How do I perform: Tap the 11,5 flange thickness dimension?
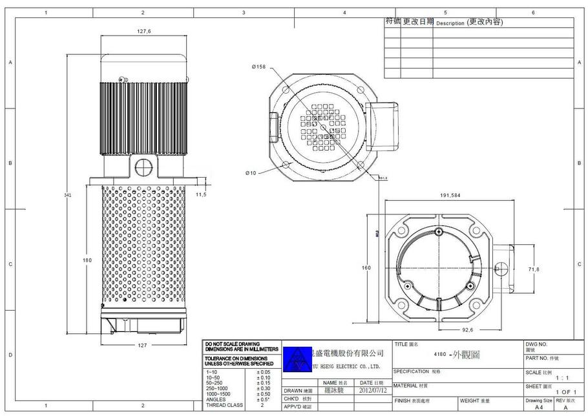(201, 194)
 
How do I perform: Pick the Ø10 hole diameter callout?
(251, 172)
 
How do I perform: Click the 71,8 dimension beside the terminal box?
(534, 268)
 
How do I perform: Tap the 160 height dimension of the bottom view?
(366, 267)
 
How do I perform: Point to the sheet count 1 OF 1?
(565, 392)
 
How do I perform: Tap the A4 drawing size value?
(539, 408)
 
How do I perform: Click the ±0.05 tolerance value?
(263, 373)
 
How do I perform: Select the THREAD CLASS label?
(224, 405)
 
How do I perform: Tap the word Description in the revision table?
(450, 23)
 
